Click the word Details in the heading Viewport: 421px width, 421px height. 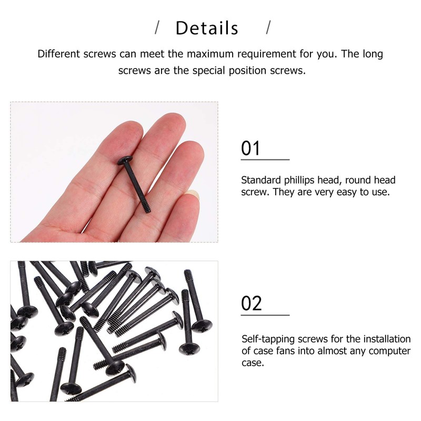[x=207, y=28]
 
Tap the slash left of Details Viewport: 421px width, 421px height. [x=157, y=27]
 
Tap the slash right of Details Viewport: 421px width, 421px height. [x=268, y=27]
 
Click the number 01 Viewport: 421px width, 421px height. [x=251, y=148]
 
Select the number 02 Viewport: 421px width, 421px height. [x=252, y=304]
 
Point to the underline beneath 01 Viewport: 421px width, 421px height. [x=265, y=159]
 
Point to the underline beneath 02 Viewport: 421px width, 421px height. [x=265, y=315]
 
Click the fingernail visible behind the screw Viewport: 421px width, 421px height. [x=194, y=194]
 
